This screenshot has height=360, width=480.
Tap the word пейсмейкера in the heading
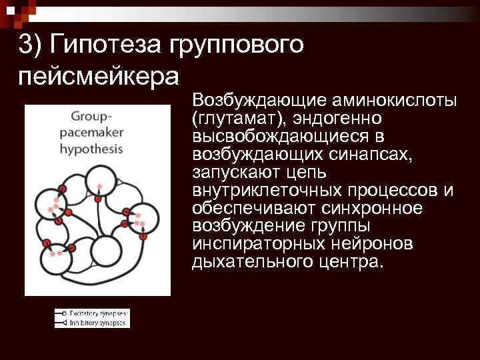pyautogui.click(x=99, y=75)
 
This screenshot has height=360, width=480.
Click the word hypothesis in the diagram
pyautogui.click(x=91, y=148)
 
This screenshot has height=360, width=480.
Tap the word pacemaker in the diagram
pyautogui.click(x=91, y=132)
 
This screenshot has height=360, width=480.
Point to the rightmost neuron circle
pyautogui.click(x=145, y=219)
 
